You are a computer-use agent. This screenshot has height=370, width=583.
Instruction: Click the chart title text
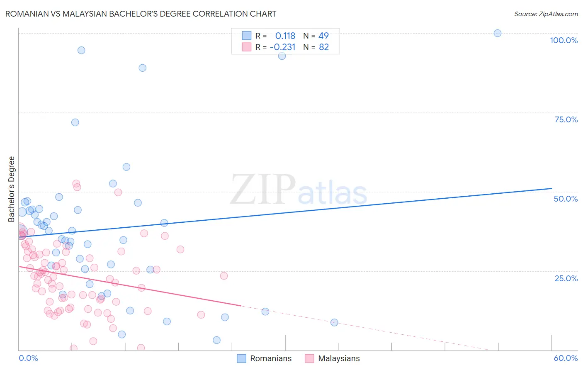pyautogui.click(x=141, y=14)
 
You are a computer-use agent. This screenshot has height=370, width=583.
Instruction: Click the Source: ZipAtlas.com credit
pyautogui.click(x=546, y=14)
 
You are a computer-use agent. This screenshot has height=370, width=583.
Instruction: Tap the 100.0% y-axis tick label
pyautogui.click(x=564, y=40)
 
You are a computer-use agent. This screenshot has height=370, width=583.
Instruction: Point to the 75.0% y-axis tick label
pyautogui.click(x=566, y=119)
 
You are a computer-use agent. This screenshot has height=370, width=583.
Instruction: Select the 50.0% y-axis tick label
pyautogui.click(x=566, y=199)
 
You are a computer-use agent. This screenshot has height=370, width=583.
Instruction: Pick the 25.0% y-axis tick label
pyautogui.click(x=566, y=278)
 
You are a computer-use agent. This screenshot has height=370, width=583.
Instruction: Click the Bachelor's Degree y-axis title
pyautogui.click(x=12, y=189)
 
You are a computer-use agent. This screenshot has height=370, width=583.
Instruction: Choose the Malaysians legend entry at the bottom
pyautogui.click(x=332, y=358)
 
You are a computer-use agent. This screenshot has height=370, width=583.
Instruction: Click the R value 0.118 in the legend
pyautogui.click(x=285, y=36)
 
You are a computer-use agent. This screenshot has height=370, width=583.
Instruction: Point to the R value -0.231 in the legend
pyautogui.click(x=282, y=47)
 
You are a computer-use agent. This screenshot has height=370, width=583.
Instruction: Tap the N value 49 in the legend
pyautogui.click(x=323, y=36)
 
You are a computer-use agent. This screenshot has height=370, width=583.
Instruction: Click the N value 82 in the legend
pyautogui.click(x=323, y=47)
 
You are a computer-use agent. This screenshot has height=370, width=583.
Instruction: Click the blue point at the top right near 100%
pyautogui.click(x=498, y=33)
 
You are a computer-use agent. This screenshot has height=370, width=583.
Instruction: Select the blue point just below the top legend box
pyautogui.click(x=282, y=56)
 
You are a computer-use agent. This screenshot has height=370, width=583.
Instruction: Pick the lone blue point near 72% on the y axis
pyautogui.click(x=75, y=122)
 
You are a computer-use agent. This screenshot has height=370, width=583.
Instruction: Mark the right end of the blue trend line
pyautogui.click(x=551, y=188)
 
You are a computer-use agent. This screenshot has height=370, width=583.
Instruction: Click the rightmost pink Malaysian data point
pyautogui.click(x=224, y=276)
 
